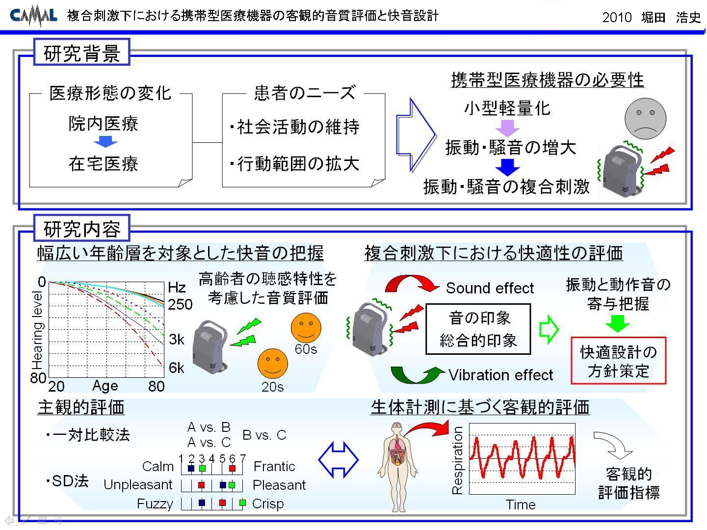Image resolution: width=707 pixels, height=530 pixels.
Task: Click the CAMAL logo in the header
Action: tap(33, 15)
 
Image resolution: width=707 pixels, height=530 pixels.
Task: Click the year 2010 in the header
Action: tap(617, 17)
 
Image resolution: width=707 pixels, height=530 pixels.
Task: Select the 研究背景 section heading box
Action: tap(82, 52)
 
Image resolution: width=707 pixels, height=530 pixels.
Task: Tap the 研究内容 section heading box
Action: tap(82, 228)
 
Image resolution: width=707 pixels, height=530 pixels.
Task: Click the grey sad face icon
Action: tap(645, 119)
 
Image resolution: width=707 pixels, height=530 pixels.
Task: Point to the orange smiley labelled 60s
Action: tap(306, 328)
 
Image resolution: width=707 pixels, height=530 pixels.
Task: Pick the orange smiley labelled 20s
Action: tap(272, 364)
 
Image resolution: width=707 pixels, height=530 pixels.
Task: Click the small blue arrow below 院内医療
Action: tap(105, 141)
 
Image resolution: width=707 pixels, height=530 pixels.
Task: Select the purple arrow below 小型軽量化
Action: tap(507, 128)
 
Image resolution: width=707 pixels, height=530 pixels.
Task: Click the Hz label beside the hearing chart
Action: tap(177, 288)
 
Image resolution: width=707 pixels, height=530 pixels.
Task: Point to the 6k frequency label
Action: tap(177, 368)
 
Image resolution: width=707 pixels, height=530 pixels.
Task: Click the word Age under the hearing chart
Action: tap(105, 386)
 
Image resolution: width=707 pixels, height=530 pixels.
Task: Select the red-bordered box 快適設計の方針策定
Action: tap(618, 361)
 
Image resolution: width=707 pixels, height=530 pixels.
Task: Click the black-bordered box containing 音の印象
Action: tap(478, 329)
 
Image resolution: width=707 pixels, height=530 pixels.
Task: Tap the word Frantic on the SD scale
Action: tap(274, 466)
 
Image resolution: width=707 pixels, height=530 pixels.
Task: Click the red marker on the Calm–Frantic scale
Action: tap(232, 468)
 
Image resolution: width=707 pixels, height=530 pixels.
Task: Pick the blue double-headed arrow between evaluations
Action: tap(338, 459)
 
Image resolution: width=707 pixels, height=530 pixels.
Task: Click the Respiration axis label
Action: tap(457, 460)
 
